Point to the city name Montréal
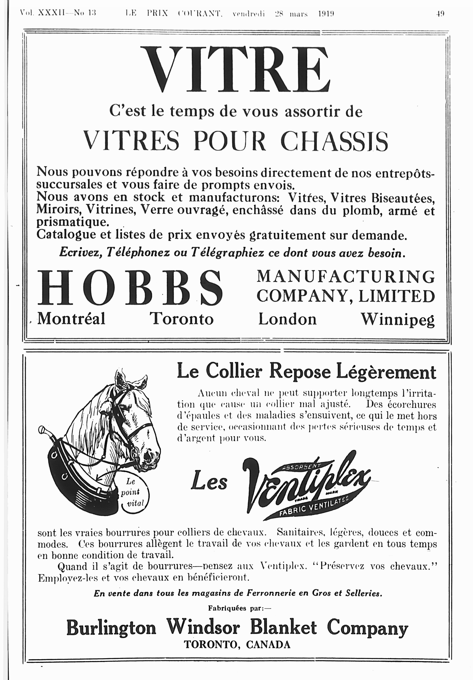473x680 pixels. [71, 319]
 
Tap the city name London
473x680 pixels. [287, 319]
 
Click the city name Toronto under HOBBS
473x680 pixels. [181, 319]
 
